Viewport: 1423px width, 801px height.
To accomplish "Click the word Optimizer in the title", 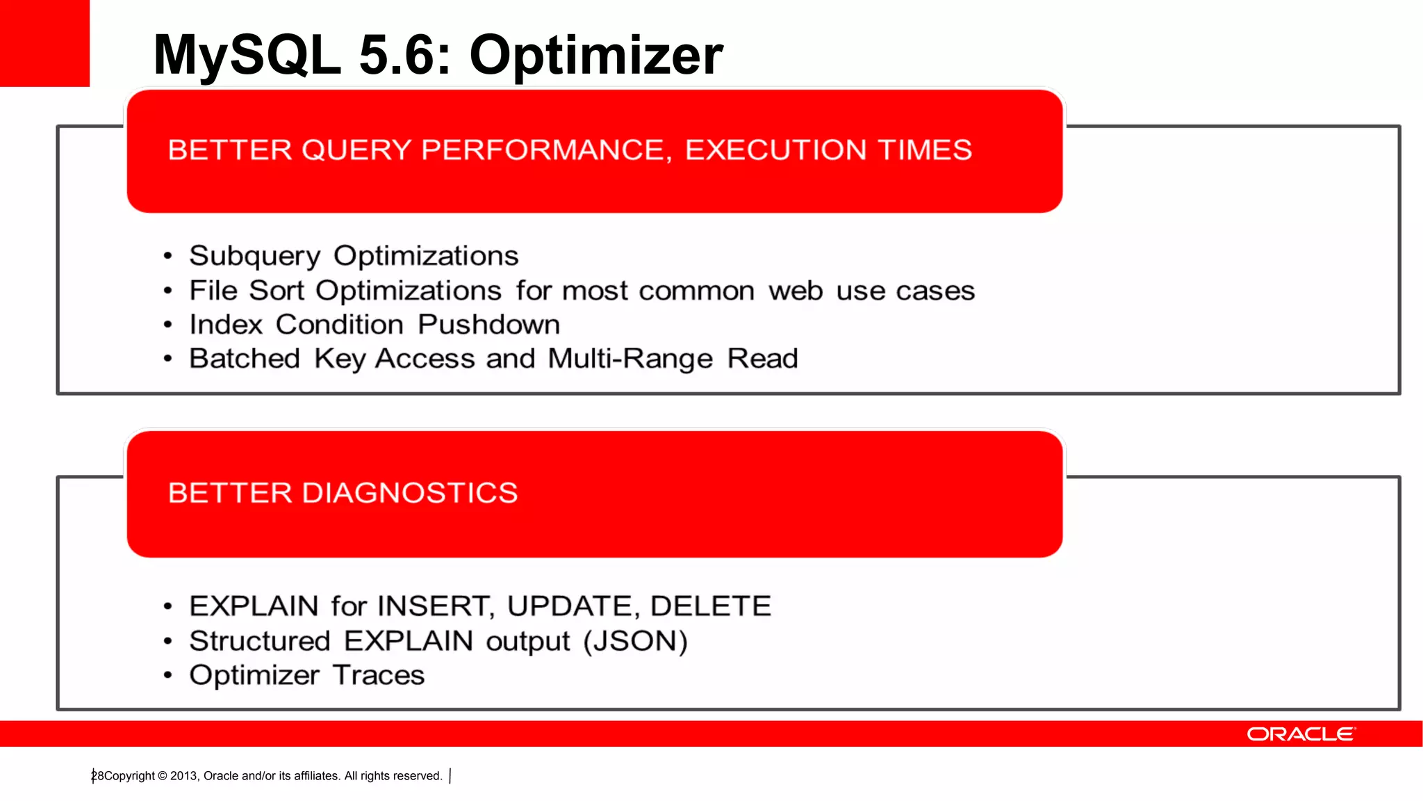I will tap(596, 56).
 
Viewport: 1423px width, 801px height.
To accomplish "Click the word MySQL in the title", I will tap(247, 56).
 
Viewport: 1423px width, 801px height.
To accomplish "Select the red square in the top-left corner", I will tap(44, 43).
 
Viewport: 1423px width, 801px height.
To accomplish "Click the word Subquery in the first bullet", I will tap(254, 256).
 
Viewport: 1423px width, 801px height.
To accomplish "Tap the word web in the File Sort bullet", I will tap(795, 291).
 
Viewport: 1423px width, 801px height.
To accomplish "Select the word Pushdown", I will tap(488, 325).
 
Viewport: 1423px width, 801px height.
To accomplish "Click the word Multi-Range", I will tap(630, 359).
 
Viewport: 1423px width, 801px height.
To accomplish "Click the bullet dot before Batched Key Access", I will tap(167, 359).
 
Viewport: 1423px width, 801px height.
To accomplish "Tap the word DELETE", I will tap(710, 606).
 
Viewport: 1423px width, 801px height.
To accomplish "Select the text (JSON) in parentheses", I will tap(635, 641).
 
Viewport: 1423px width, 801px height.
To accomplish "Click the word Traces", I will tap(378, 675).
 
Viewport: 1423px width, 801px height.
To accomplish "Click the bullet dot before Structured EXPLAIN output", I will tap(167, 642).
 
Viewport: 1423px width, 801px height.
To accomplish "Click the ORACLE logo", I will tap(1300, 734).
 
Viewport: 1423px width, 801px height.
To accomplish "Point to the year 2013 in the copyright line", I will tap(184, 776).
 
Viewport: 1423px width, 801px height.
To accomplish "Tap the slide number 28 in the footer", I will tap(97, 776).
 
